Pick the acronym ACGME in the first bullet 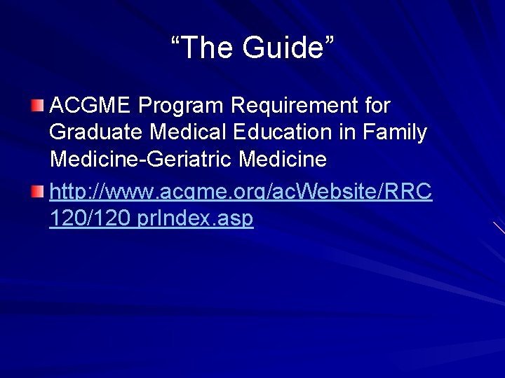[x=90, y=106]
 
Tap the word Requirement [x=295, y=106]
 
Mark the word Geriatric [x=190, y=160]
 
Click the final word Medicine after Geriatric [x=283, y=160]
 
